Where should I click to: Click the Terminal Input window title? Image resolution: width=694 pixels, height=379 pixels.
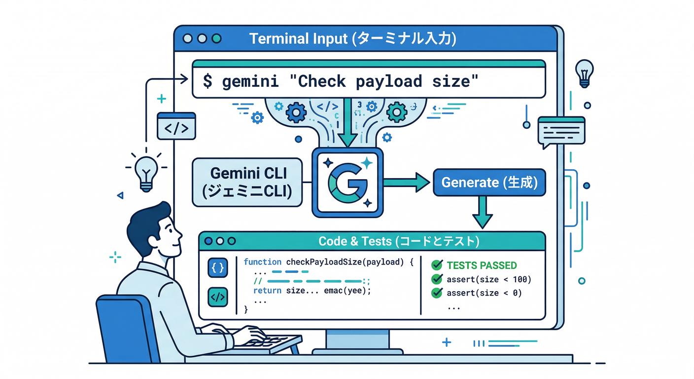(x=352, y=38)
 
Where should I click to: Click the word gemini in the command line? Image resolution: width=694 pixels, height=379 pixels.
(x=250, y=81)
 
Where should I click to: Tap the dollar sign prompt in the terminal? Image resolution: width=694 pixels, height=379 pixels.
(x=208, y=81)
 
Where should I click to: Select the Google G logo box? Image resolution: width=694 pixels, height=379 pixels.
(x=347, y=183)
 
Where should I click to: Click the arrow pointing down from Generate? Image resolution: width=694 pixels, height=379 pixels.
(x=482, y=213)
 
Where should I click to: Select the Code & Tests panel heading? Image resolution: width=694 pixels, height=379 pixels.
(x=399, y=241)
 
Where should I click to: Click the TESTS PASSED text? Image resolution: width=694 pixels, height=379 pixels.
(x=481, y=265)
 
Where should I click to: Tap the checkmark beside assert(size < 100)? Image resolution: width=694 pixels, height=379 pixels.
(x=436, y=279)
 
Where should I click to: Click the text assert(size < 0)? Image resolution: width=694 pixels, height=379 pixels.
(x=484, y=293)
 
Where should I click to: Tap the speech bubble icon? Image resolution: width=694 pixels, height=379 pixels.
(x=561, y=131)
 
